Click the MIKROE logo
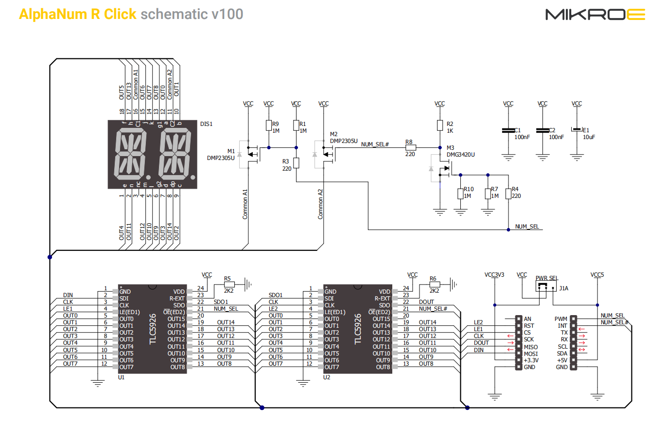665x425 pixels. (595, 15)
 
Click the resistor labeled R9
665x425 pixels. (268, 125)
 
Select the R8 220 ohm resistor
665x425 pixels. (410, 147)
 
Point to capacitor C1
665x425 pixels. (508, 130)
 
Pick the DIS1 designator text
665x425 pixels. (206, 124)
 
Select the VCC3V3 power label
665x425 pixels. (494, 275)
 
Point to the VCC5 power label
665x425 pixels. (597, 275)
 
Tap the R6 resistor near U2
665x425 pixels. (435, 284)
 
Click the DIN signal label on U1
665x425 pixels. (68, 295)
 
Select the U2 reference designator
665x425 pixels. (327, 377)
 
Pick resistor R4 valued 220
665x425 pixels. (508, 194)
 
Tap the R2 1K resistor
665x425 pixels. (439, 125)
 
